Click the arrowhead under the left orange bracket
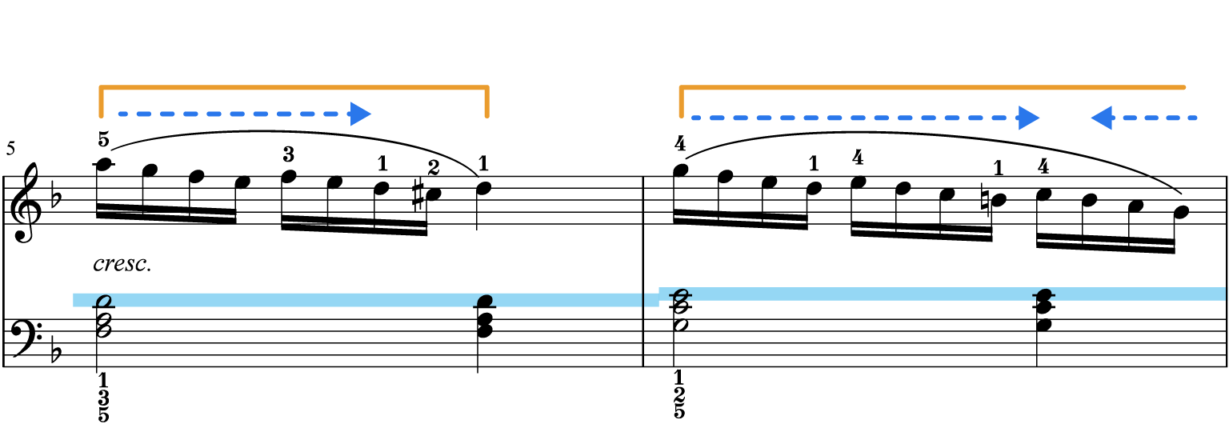pyautogui.click(x=361, y=114)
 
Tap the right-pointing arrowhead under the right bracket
pyautogui.click(x=1029, y=118)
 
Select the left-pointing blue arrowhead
pyautogui.click(x=1100, y=118)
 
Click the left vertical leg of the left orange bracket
pyautogui.click(x=101, y=102)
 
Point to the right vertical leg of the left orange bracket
pyautogui.click(x=486, y=102)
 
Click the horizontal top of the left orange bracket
pyautogui.click(x=294, y=85)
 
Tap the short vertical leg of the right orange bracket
pyautogui.click(x=682, y=102)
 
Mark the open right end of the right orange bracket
pyautogui.click(x=1184, y=86)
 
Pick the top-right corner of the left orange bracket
pyautogui.click(x=487, y=86)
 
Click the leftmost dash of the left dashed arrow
pyautogui.click(x=122, y=114)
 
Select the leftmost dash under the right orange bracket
pyautogui.click(x=695, y=118)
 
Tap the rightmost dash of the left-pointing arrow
pyautogui.click(x=1193, y=118)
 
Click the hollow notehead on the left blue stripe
pyautogui.click(x=103, y=302)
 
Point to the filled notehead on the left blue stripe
pyautogui.click(x=485, y=302)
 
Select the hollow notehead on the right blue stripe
pyautogui.click(x=680, y=295)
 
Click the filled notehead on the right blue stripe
pyautogui.click(x=1043, y=295)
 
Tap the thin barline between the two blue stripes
pyautogui.click(x=643, y=299)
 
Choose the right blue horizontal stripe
pyautogui.click(x=880, y=294)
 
